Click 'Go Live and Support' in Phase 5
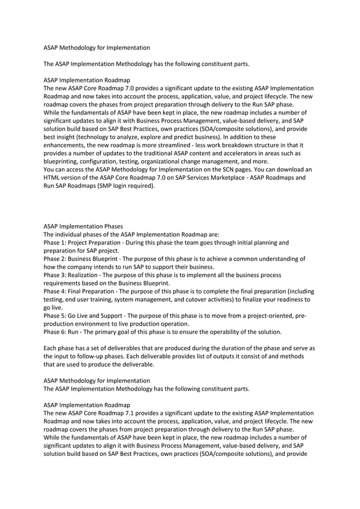pyautogui.click(x=98, y=315)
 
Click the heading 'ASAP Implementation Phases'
pyautogui.click(x=82, y=226)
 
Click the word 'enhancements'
pyautogui.click(x=67, y=145)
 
